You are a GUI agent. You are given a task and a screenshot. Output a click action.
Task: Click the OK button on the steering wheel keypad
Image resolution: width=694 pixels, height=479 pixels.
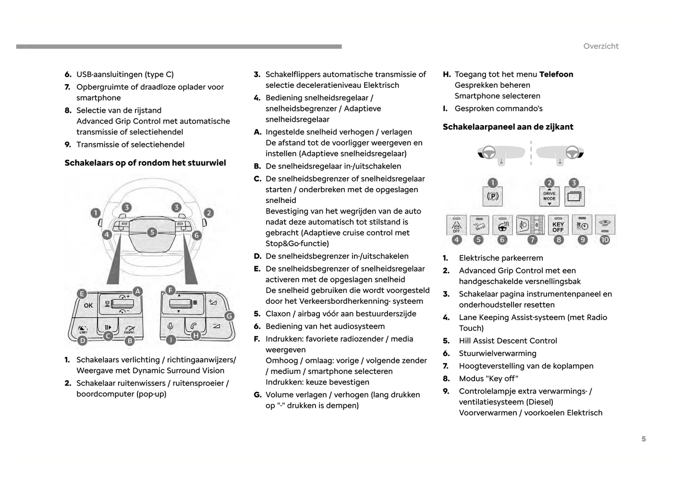88,305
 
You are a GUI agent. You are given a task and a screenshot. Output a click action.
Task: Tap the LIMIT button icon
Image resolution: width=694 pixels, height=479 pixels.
83,329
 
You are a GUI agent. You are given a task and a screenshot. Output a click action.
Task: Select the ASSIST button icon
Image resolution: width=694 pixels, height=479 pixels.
129,329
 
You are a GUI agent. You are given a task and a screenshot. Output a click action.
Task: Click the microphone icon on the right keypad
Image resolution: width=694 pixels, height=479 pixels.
170,326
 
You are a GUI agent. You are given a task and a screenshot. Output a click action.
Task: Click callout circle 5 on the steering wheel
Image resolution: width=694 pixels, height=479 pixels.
152,232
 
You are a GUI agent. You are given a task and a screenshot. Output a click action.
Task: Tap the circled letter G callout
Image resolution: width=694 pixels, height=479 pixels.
229,316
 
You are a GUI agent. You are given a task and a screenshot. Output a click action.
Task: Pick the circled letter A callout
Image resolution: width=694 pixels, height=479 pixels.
137,291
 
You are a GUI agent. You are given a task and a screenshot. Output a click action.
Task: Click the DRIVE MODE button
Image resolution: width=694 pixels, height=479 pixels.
549,196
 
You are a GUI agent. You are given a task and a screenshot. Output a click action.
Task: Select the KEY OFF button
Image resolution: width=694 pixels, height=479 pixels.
558,226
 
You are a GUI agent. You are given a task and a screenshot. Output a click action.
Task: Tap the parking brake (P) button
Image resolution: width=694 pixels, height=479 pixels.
493,196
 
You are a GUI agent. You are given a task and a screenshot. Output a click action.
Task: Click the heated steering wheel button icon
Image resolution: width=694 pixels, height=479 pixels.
503,226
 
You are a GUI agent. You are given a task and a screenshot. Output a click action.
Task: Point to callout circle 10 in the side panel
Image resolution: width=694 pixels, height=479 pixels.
605,239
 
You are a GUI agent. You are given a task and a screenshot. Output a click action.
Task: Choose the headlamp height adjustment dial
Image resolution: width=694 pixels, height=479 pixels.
530,225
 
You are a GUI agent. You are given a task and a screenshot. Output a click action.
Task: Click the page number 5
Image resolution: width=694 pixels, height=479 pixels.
644,439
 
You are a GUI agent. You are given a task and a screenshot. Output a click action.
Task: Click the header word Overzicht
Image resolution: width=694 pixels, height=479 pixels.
601,46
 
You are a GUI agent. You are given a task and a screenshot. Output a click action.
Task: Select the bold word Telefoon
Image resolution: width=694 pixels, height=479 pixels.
556,74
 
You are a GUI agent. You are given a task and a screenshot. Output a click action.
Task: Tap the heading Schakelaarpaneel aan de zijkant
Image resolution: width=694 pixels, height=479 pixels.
508,127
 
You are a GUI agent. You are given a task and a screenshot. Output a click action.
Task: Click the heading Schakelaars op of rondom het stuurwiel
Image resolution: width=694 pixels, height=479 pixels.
145,163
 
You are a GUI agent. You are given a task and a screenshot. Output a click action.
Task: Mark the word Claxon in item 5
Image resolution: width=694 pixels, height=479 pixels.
278,314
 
